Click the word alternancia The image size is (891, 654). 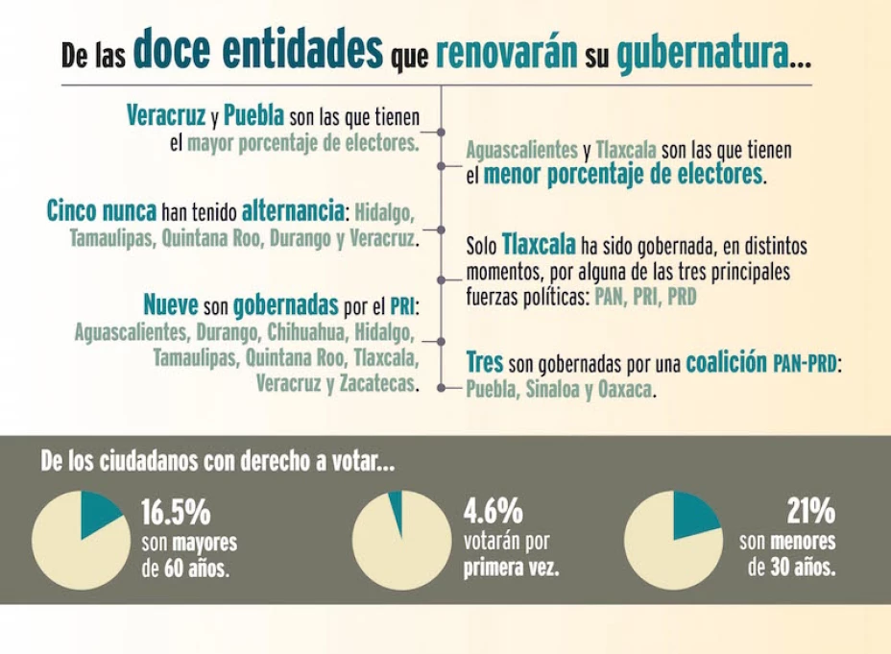coord(293,209)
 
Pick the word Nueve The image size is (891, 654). coord(171,306)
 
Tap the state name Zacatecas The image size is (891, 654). coord(374,383)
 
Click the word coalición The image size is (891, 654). coord(727,364)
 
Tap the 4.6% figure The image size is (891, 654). coord(493,510)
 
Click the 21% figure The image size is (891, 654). coord(810,510)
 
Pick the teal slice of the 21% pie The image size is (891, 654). coord(691,516)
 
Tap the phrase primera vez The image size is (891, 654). coord(511,567)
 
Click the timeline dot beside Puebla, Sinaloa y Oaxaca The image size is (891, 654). coord(441,389)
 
